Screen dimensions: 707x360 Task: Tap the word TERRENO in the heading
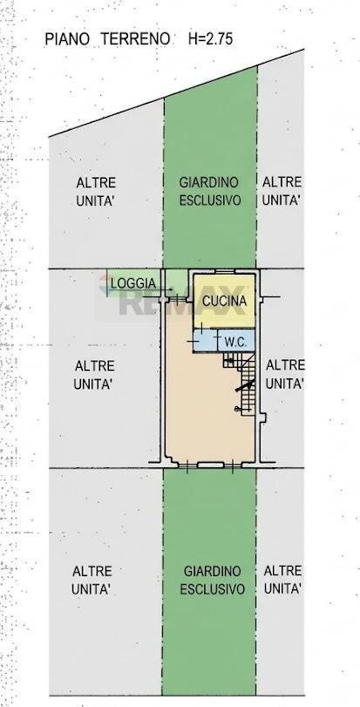(x=131, y=39)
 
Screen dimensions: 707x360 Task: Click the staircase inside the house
(x=247, y=384)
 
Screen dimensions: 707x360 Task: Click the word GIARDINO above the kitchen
(x=209, y=182)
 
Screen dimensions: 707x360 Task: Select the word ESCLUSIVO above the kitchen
(x=210, y=200)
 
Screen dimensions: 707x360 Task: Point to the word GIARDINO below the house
(x=212, y=571)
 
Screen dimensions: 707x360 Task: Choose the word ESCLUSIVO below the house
(x=212, y=588)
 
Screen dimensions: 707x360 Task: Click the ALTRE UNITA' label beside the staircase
(x=283, y=373)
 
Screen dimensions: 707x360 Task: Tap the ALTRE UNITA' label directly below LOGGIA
(x=96, y=373)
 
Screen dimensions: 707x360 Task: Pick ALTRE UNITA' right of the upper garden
(x=282, y=190)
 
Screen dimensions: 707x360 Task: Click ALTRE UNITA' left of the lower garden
(x=91, y=580)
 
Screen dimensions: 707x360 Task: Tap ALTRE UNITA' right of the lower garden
(x=282, y=580)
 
